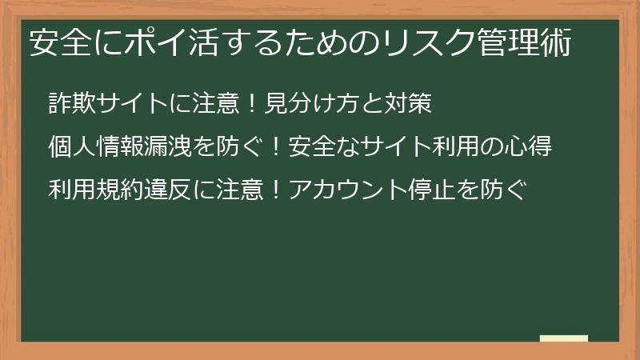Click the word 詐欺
(70, 103)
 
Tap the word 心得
(530, 147)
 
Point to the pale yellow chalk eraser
(564, 338)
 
